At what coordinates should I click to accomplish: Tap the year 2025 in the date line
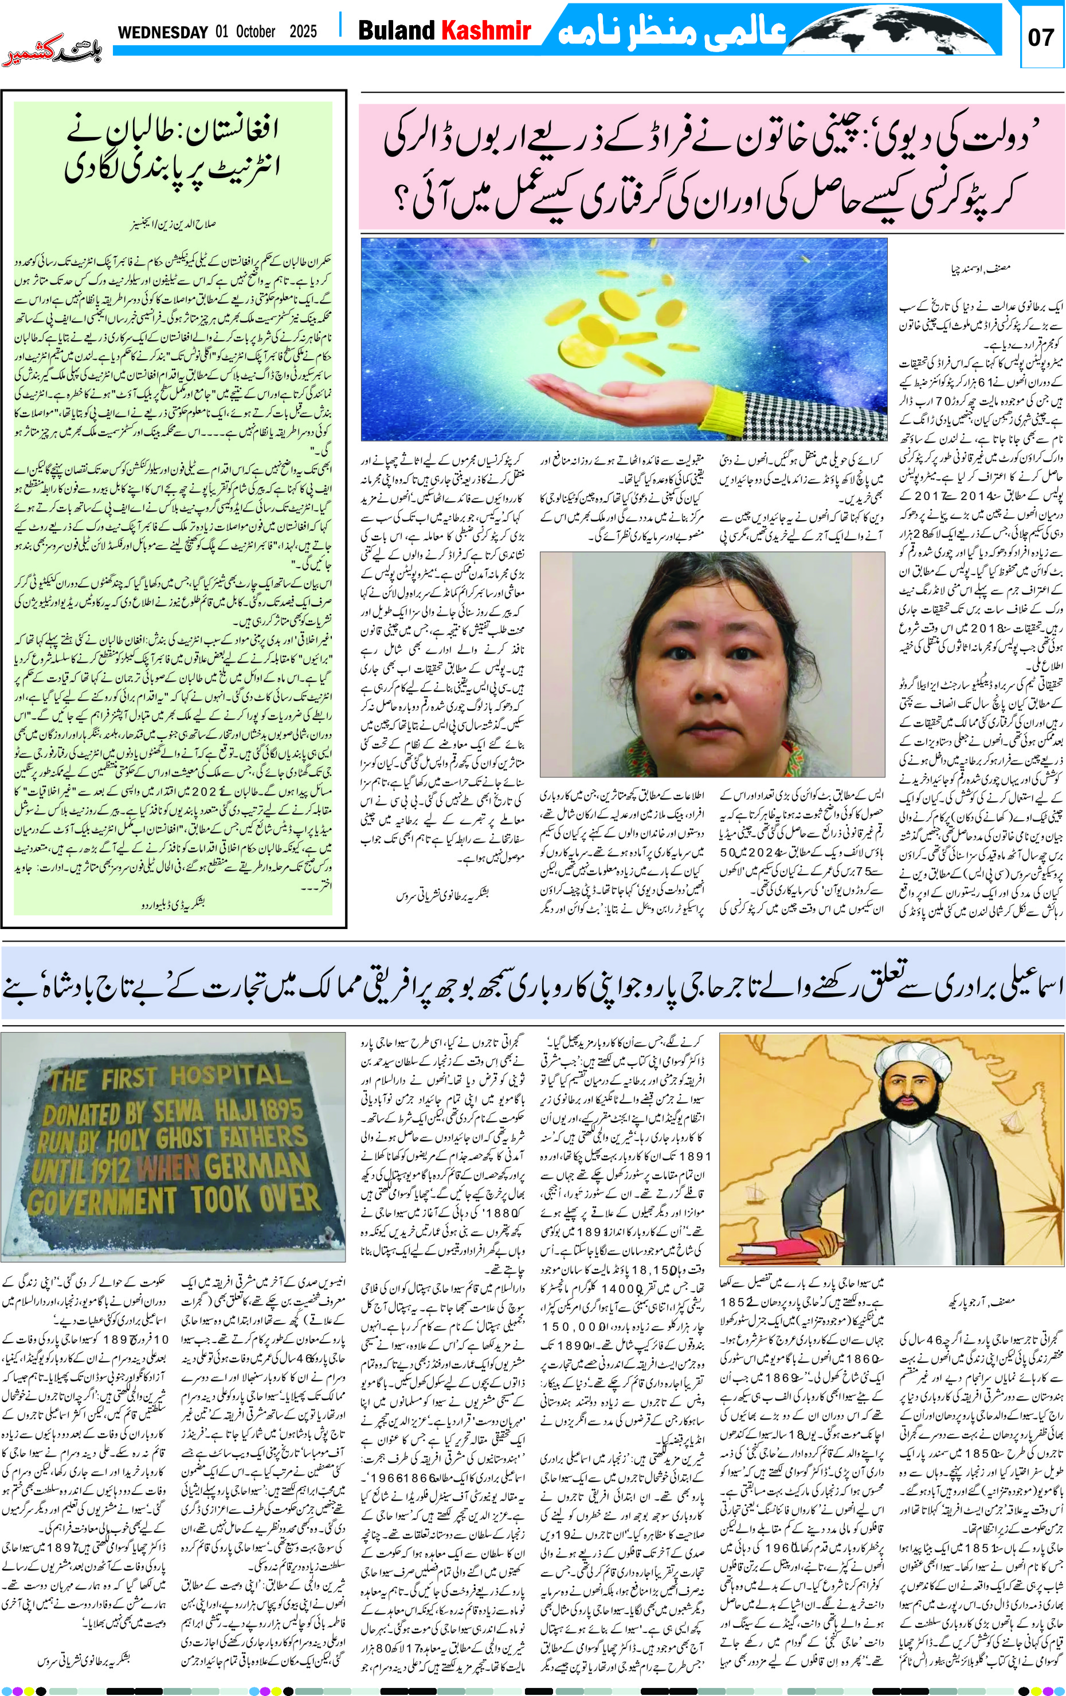tap(303, 32)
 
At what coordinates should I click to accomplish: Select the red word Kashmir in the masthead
tap(485, 30)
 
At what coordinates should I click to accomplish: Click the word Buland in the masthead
tap(397, 30)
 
